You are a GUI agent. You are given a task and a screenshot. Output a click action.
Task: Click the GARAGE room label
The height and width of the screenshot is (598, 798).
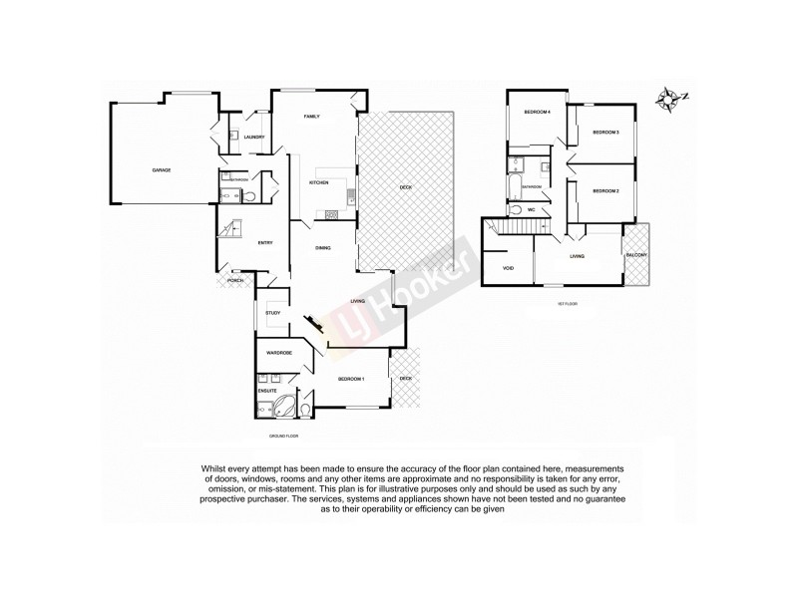point(162,170)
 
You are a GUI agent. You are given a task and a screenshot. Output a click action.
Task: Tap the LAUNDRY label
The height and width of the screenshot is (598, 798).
point(253,137)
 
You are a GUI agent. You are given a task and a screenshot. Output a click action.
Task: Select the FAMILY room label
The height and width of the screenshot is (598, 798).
point(311,118)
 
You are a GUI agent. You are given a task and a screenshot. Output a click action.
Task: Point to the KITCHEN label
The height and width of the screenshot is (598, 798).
point(319,183)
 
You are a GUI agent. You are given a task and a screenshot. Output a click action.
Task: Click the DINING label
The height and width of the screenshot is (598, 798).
point(322,248)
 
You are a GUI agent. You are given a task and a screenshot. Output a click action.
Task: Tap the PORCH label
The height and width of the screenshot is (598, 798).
point(235,281)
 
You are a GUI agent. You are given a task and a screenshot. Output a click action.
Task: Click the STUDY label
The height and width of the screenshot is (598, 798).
point(272,314)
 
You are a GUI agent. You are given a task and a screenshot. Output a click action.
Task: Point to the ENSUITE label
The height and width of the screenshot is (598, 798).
point(266,391)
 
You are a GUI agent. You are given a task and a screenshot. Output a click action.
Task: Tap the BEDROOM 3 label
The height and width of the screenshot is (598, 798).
point(605,133)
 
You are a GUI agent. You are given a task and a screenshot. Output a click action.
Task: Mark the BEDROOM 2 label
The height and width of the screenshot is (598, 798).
point(605,190)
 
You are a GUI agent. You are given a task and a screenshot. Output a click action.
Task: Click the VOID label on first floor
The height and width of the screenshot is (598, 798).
point(508,268)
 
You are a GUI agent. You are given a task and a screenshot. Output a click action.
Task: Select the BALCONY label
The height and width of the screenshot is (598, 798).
point(637,256)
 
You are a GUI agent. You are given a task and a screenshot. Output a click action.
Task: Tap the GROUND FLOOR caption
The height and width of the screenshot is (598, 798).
point(284,437)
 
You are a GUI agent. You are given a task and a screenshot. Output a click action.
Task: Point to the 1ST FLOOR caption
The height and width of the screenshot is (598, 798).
point(568,302)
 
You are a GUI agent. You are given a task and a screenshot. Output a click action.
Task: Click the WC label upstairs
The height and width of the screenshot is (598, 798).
point(531,210)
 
